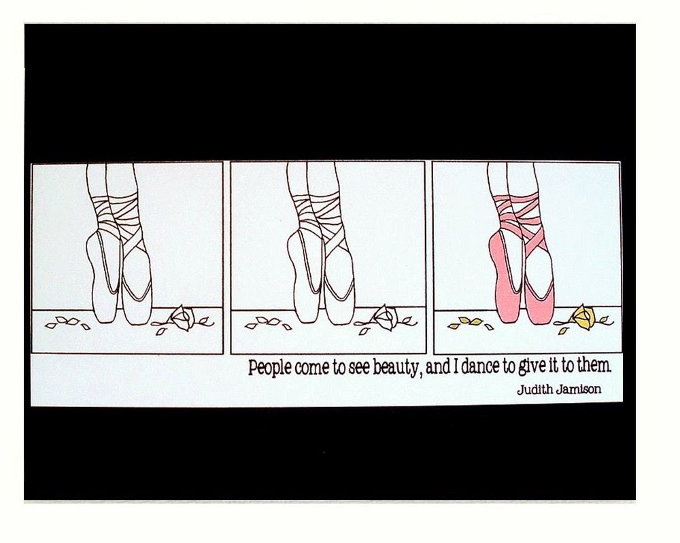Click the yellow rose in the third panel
point(584,316)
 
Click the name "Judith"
point(534,389)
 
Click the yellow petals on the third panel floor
point(469,323)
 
